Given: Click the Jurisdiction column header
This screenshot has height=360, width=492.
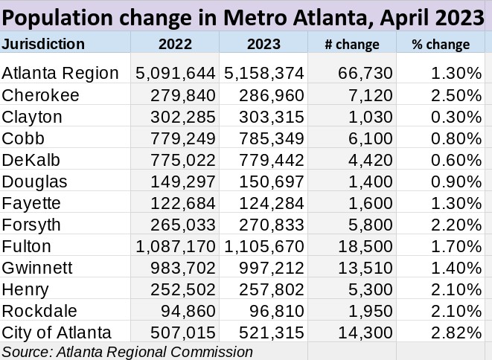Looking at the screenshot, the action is (x=43, y=44).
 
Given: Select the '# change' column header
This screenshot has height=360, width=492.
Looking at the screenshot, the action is (x=352, y=45).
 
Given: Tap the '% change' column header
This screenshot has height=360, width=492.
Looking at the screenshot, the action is (x=441, y=45).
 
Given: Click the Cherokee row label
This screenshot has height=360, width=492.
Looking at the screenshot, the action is (x=40, y=95).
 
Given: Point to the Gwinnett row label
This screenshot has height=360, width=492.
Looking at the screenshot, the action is (x=37, y=268).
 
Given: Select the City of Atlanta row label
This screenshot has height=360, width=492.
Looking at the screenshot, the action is (x=57, y=332).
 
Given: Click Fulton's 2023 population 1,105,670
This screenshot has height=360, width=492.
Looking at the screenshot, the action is (x=264, y=246).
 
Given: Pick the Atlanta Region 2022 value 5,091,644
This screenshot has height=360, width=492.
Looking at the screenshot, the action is (x=176, y=74).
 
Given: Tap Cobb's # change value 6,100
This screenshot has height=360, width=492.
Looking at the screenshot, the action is (x=370, y=138).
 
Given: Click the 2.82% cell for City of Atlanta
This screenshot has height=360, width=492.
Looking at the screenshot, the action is (x=456, y=332).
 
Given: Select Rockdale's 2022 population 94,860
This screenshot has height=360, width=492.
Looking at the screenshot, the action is (x=188, y=311).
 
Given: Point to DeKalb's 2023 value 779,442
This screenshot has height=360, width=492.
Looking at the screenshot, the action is (x=272, y=160).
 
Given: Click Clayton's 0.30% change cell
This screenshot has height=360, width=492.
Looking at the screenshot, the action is (x=456, y=117).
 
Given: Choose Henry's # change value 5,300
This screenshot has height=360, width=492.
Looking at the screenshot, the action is (x=370, y=290).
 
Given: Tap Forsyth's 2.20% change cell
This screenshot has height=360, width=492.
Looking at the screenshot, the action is (x=456, y=225).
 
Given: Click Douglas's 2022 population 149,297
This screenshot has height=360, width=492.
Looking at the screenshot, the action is (x=183, y=182).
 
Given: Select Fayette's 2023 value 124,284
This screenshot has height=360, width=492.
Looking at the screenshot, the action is (x=272, y=203).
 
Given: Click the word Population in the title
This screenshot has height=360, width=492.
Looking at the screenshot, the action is (x=57, y=18).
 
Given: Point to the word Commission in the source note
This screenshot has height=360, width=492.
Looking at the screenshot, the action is (x=211, y=352).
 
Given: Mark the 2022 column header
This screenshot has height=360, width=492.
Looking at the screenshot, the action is (x=175, y=44).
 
